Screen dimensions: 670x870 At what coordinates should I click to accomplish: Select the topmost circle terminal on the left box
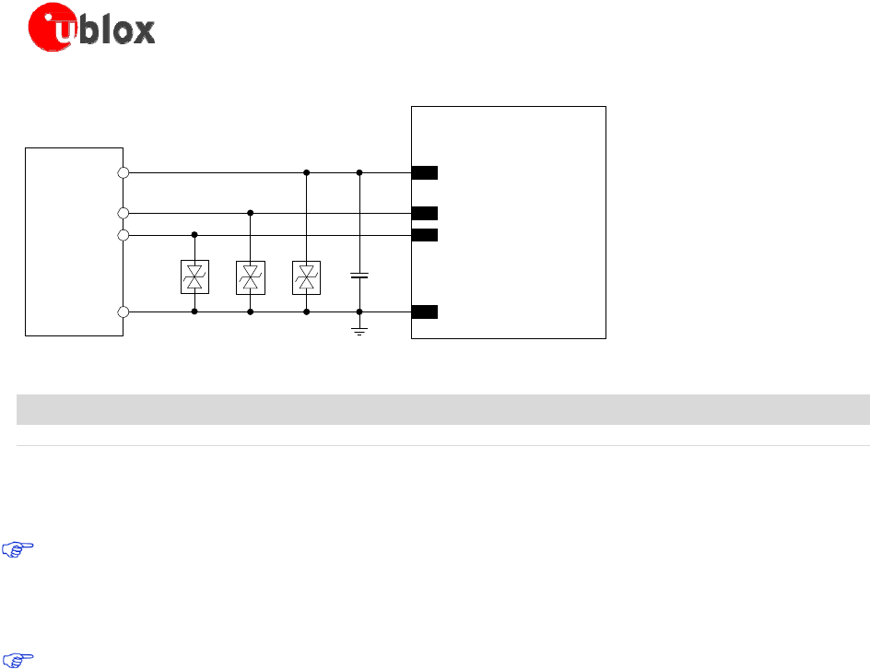click(123, 172)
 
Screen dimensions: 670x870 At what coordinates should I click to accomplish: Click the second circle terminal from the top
click(123, 213)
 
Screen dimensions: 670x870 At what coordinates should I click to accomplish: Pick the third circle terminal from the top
click(123, 235)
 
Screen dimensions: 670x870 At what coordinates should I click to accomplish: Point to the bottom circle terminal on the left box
click(123, 312)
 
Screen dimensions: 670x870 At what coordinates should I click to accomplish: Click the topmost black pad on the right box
click(425, 172)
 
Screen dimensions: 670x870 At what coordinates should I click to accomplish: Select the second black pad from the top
click(425, 213)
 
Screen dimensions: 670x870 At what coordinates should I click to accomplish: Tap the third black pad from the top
click(425, 234)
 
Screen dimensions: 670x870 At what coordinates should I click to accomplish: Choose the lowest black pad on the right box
click(425, 311)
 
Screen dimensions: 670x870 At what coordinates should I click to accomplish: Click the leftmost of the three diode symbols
click(194, 277)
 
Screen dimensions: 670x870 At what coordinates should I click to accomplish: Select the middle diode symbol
click(251, 277)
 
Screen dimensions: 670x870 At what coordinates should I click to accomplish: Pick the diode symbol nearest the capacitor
click(306, 277)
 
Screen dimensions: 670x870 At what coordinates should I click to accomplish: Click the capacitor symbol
click(359, 276)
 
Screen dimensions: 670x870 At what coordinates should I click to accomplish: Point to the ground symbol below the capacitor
click(359, 329)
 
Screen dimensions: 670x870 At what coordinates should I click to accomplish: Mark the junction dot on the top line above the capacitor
click(359, 172)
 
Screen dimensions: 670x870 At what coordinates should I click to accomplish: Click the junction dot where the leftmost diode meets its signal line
click(194, 235)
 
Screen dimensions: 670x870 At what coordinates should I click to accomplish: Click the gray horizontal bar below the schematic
click(442, 409)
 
